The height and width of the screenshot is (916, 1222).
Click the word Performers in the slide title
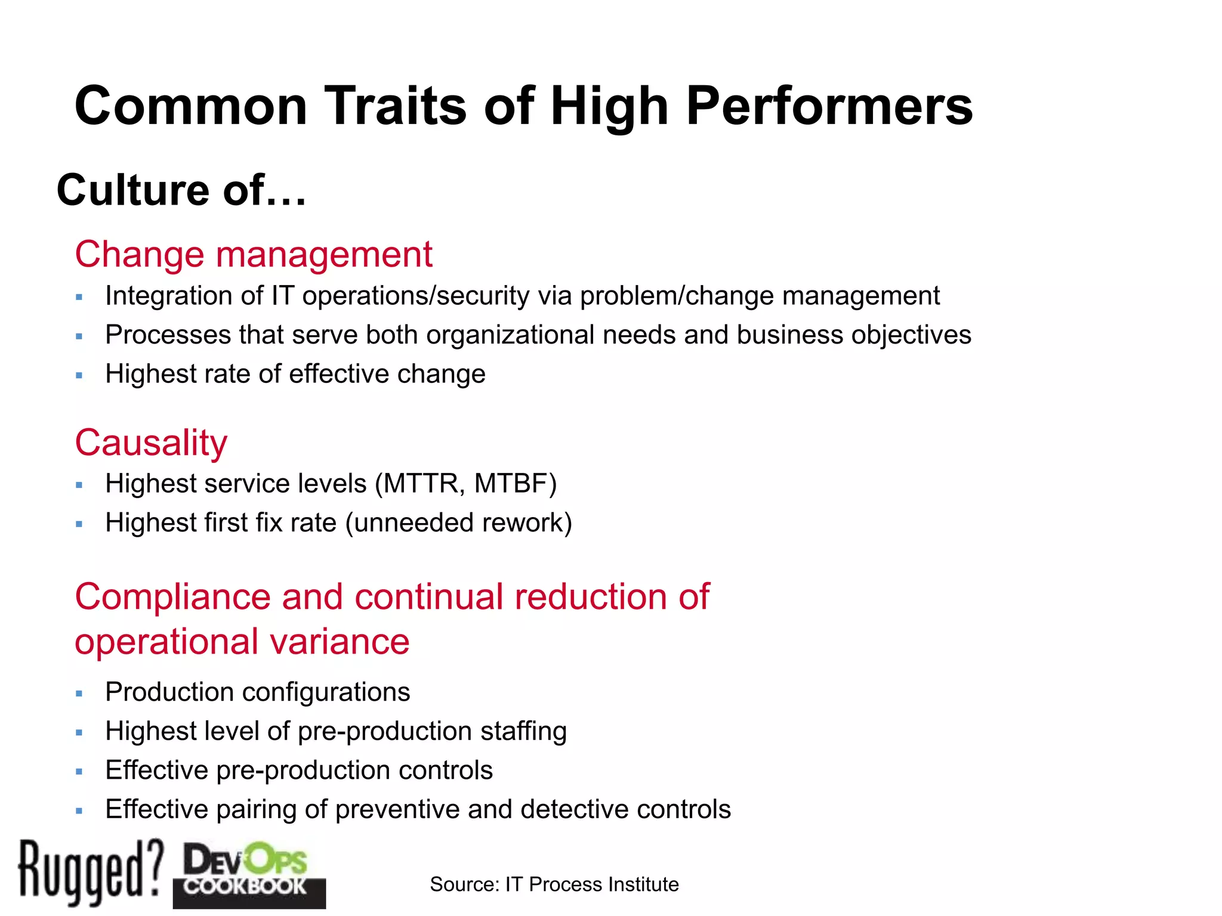click(829, 106)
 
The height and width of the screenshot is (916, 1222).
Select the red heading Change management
click(254, 255)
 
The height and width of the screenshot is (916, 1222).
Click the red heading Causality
click(151, 443)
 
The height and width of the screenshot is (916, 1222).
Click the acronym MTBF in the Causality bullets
click(511, 484)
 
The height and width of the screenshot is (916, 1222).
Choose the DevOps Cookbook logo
click(249, 874)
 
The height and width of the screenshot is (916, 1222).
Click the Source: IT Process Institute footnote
click(554, 884)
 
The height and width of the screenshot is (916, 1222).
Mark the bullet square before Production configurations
click(79, 694)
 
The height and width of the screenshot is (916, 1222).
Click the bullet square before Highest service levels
click(79, 485)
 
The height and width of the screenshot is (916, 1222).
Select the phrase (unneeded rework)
click(459, 523)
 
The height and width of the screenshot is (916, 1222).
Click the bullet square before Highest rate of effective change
click(79, 376)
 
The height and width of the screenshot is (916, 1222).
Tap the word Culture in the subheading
click(133, 190)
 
